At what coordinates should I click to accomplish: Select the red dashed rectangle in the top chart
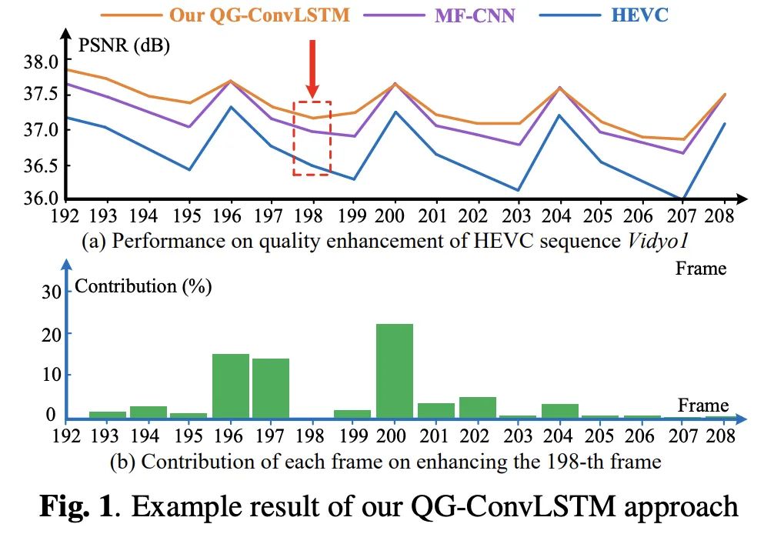coord(312,139)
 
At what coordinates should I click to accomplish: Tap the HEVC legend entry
coord(642,15)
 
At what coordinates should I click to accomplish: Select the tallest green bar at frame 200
coord(394,370)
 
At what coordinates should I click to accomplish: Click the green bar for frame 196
coord(230,385)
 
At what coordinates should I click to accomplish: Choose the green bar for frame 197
coord(271,388)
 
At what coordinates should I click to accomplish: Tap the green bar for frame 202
coord(477,407)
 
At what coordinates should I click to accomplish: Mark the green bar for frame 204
coord(559,410)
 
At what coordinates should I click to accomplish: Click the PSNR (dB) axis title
coord(124,45)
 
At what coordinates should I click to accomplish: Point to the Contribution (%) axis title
coord(142,286)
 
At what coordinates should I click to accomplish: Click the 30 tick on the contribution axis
coord(49,292)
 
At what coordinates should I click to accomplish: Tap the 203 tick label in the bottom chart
coord(517,435)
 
